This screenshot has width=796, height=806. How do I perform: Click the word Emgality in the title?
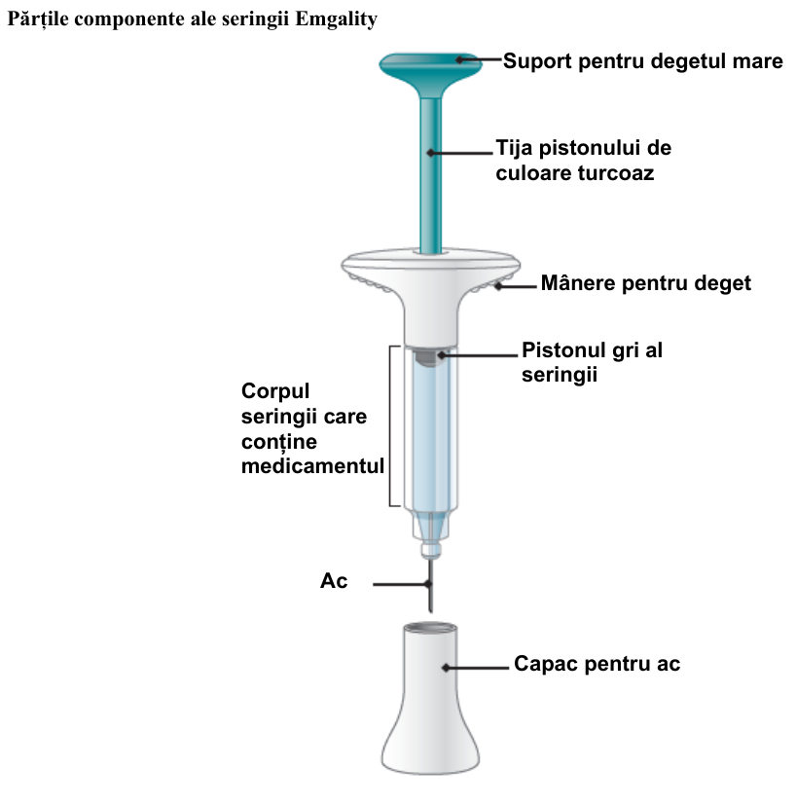click(336, 19)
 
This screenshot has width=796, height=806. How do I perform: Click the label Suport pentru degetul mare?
click(643, 61)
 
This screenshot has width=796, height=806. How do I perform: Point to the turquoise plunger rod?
click(431, 175)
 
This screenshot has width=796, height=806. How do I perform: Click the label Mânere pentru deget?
click(646, 283)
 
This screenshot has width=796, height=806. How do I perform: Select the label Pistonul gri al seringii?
click(592, 362)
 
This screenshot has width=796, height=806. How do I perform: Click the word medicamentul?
click(312, 466)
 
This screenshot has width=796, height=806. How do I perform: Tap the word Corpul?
click(275, 391)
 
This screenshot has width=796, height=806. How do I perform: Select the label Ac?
click(334, 581)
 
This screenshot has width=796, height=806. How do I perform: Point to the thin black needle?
click(430, 585)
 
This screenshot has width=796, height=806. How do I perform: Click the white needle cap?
click(431, 698)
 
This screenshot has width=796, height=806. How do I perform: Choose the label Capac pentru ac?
click(597, 664)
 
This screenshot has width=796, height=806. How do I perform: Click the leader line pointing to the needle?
click(402, 584)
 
